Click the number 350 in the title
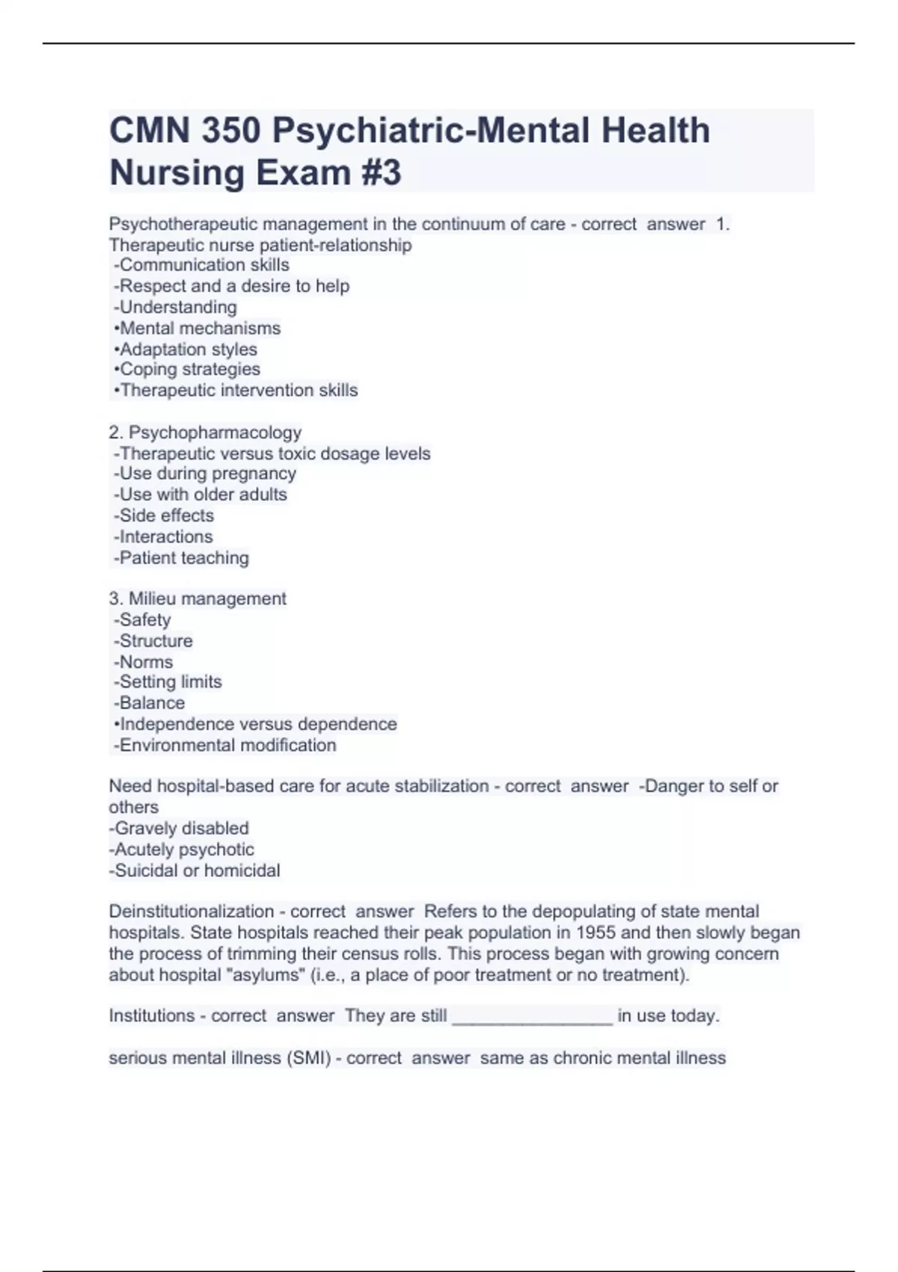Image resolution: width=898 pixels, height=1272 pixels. pos(231,131)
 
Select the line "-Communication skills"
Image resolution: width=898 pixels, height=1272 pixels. pos(201,265)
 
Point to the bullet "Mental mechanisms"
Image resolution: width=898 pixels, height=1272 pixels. pos(200,328)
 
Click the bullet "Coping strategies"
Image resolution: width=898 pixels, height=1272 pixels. pos(190,369)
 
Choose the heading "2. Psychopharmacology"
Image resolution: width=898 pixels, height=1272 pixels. pos(205,432)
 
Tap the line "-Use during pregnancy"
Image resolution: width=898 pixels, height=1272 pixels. pos(204,474)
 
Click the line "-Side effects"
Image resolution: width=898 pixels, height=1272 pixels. pos(163,516)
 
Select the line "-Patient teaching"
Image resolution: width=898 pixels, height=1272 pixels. pos(181,557)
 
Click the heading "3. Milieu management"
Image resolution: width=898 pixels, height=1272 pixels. pos(198,599)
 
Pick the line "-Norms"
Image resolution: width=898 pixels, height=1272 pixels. pos(143,662)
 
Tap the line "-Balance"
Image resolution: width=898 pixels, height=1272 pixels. pos(149,703)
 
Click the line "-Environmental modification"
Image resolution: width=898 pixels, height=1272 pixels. pos(224,745)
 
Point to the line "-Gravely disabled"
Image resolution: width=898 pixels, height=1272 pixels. pos(179,828)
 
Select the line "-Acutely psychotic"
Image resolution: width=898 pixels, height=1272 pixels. pos(181,849)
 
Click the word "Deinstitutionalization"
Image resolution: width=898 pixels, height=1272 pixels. pos(192,911)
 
